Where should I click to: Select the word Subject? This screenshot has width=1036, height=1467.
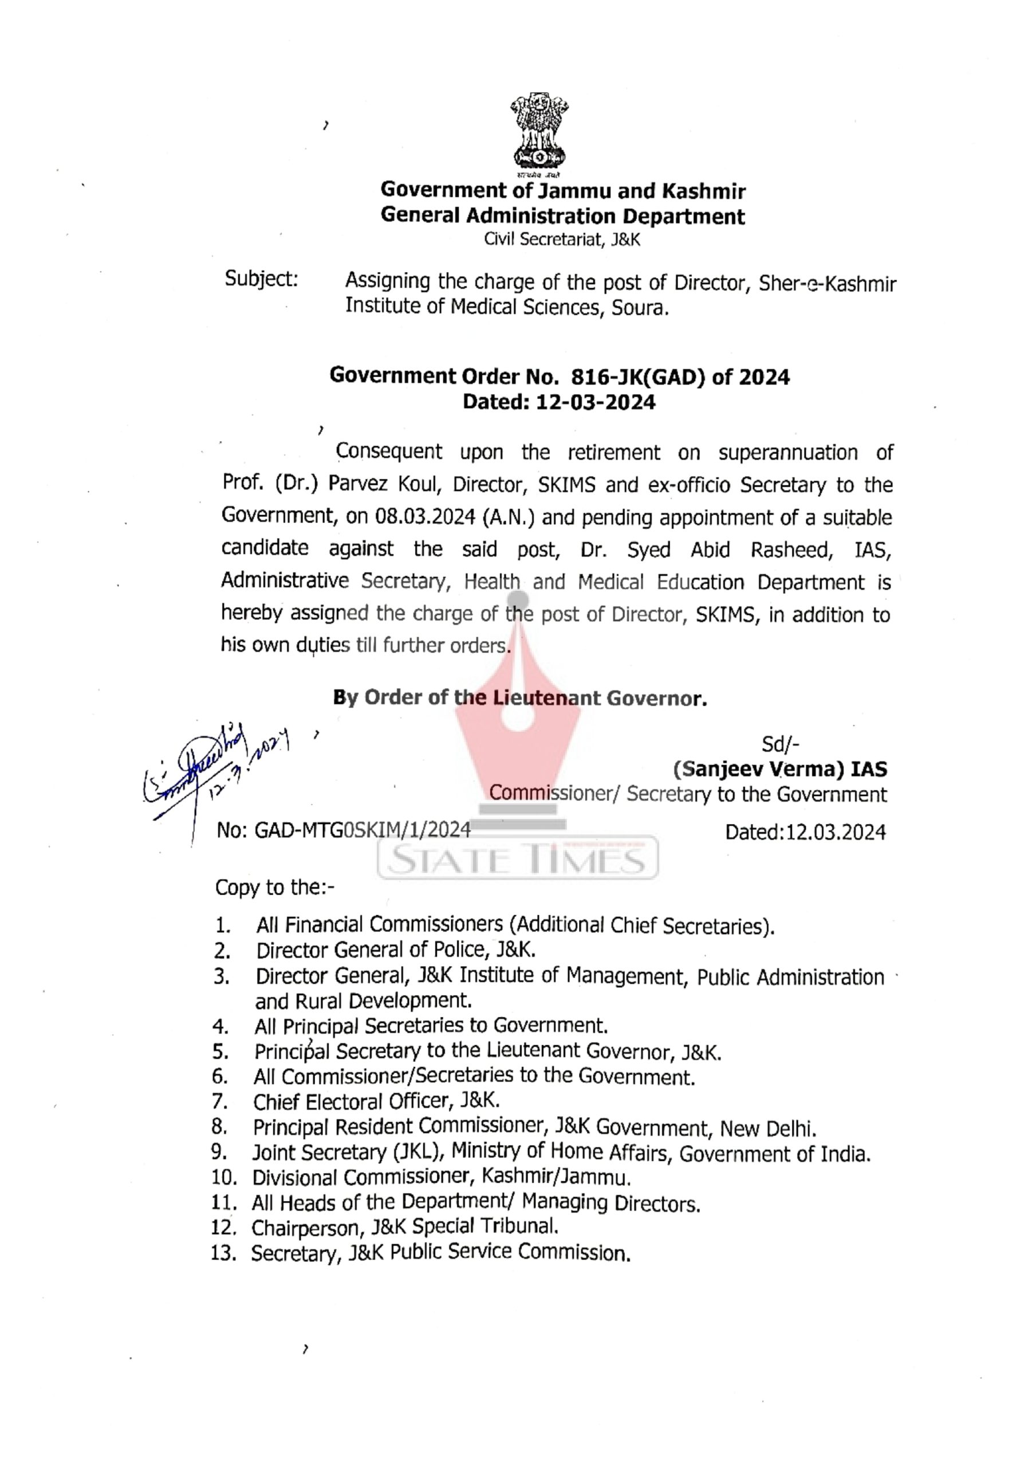coord(261,279)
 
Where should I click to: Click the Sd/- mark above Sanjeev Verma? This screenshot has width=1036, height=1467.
coord(781,744)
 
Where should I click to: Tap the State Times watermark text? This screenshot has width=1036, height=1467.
coord(517,860)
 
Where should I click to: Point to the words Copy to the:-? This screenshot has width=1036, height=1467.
coord(275,888)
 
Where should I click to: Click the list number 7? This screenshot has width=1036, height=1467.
coord(220,1101)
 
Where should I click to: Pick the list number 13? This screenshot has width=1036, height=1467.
coord(223,1254)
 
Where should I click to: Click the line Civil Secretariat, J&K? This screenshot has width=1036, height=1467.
coord(561,240)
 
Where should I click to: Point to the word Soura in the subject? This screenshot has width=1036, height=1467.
coord(640,308)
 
